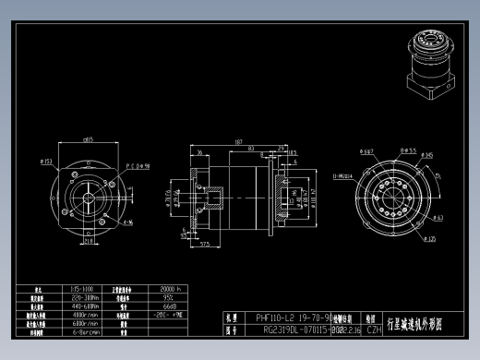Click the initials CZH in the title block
pyautogui.click(x=375, y=328)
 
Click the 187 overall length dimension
pyautogui.click(x=238, y=143)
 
